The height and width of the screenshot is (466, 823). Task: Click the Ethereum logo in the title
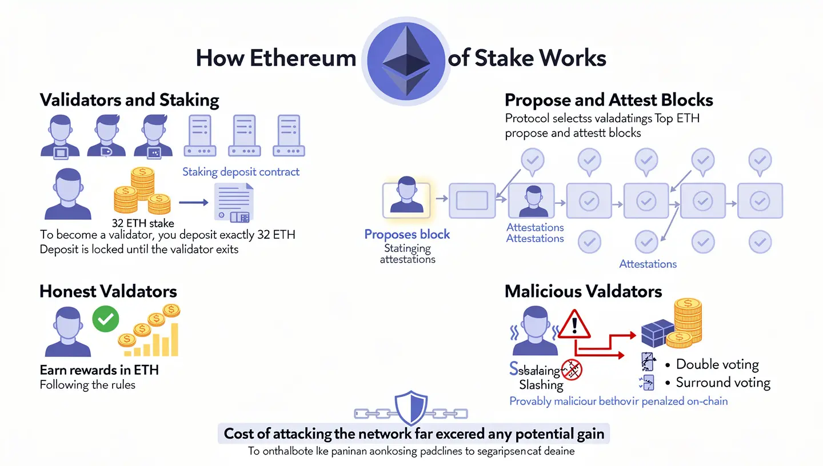(406, 58)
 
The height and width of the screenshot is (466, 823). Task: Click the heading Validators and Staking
(130, 101)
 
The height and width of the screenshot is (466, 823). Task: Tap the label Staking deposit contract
(241, 171)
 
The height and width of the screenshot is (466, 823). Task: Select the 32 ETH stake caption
(143, 223)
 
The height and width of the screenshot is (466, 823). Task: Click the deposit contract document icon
(233, 202)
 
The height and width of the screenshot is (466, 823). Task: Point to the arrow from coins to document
(193, 202)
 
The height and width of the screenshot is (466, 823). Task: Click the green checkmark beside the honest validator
(105, 319)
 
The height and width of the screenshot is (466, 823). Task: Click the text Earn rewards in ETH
(99, 369)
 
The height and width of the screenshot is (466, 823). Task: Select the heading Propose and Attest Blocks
(609, 101)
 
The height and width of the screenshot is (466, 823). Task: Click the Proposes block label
(407, 234)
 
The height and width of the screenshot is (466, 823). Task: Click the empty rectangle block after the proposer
(472, 200)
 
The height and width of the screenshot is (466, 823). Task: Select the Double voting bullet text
(717, 364)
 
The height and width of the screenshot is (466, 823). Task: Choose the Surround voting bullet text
(723, 383)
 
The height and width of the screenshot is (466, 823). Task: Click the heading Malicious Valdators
(583, 291)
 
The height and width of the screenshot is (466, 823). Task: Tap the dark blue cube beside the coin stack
(658, 333)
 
